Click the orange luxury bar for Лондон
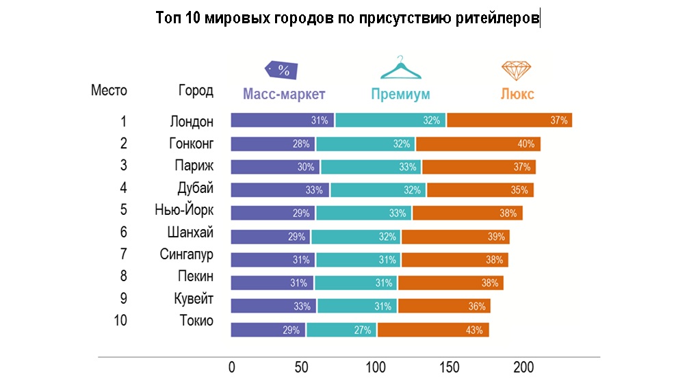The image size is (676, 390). (509, 120)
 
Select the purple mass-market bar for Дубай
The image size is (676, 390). (280, 190)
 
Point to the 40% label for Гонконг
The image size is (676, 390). (525, 144)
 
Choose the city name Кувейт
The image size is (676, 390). (194, 299)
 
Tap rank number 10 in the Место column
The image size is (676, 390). (120, 320)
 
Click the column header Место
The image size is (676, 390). (109, 90)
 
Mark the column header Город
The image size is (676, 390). (196, 90)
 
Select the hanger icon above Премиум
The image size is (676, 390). (401, 69)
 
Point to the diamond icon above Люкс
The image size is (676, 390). (517, 70)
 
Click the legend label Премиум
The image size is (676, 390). (400, 94)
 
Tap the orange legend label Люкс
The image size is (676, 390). (517, 94)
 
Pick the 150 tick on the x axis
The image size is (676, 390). (450, 367)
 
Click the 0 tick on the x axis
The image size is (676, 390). (231, 367)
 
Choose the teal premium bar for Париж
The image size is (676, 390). (371, 167)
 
